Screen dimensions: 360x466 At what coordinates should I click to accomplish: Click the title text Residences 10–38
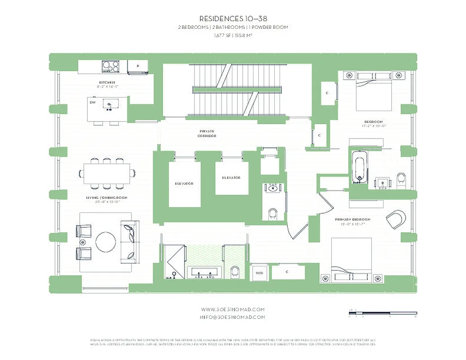pos(233,18)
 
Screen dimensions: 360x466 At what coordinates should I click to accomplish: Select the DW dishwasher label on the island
pos(93,103)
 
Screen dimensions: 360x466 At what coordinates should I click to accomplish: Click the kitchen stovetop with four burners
pos(110,67)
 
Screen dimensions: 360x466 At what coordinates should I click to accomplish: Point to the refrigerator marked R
pos(137,67)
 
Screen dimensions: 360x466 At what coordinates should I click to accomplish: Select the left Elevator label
pos(184,184)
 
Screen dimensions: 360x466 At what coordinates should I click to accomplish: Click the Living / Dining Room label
pos(107,198)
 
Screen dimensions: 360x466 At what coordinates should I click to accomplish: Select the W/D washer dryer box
pos(259,273)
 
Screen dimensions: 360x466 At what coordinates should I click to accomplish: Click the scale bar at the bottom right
pos(383,312)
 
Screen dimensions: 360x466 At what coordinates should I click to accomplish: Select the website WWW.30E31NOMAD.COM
pos(233,309)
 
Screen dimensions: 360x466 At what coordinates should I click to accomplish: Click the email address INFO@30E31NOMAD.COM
pos(233,317)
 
